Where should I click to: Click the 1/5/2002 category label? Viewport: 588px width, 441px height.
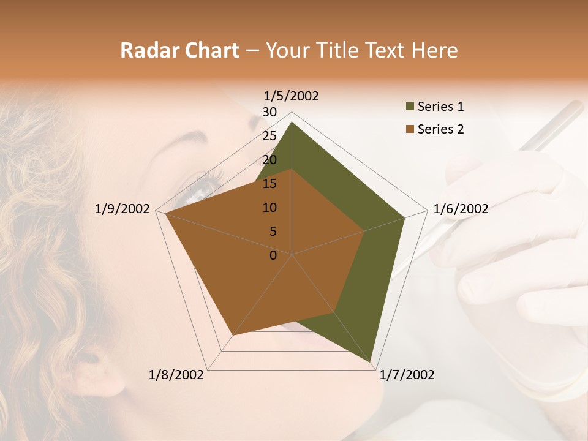[x=292, y=96]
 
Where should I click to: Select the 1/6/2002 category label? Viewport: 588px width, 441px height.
[x=461, y=209]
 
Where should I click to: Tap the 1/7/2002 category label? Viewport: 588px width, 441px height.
[x=407, y=375]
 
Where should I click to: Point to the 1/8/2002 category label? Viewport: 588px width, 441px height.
[x=176, y=375]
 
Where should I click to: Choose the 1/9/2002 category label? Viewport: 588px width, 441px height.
[x=123, y=209]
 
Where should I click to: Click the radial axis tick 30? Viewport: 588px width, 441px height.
[x=269, y=112]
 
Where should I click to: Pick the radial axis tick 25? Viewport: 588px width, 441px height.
[x=269, y=136]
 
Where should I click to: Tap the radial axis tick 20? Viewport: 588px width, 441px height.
[x=269, y=160]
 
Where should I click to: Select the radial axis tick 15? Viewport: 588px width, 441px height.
[x=269, y=184]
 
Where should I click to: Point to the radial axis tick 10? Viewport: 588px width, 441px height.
[x=269, y=208]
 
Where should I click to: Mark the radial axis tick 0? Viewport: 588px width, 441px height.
[x=273, y=255]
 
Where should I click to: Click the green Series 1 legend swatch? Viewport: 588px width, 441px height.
[x=409, y=107]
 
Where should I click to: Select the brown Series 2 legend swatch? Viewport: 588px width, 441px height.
[x=409, y=129]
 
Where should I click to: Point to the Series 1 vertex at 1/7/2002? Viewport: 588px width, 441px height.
[x=371, y=363]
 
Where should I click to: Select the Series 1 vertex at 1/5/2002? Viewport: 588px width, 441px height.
[x=292, y=122]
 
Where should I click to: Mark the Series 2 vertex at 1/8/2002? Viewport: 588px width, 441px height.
[x=233, y=335]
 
